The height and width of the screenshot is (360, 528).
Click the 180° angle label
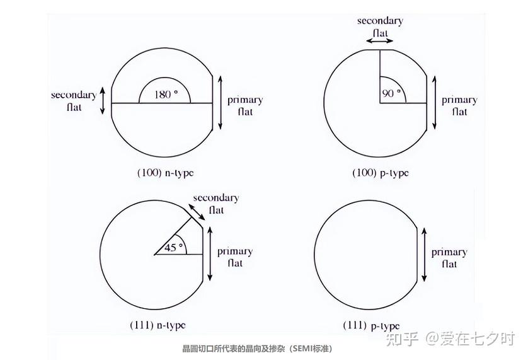(166, 95)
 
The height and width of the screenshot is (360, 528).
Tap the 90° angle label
(392, 93)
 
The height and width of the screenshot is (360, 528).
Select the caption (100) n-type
(166, 173)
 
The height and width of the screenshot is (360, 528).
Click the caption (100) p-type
(381, 173)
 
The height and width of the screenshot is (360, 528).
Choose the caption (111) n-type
(158, 325)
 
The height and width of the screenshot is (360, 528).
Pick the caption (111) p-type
(371, 325)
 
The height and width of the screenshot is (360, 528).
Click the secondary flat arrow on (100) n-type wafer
(103, 101)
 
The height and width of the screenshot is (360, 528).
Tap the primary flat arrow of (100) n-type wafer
(221, 103)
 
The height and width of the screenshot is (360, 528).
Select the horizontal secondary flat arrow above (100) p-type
(379, 41)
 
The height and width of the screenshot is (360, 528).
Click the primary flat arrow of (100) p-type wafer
(434, 103)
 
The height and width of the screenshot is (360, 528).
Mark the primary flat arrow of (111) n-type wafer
(210, 254)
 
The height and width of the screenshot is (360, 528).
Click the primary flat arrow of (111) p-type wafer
(424, 255)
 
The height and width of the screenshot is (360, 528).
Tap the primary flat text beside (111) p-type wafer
(449, 258)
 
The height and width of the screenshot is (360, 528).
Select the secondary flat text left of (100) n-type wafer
(74, 101)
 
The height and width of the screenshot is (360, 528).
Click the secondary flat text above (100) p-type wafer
(380, 27)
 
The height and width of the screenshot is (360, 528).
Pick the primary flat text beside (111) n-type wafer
(235, 257)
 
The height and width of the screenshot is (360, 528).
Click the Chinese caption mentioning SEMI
(258, 349)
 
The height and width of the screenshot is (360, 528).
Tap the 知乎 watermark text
(403, 339)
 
